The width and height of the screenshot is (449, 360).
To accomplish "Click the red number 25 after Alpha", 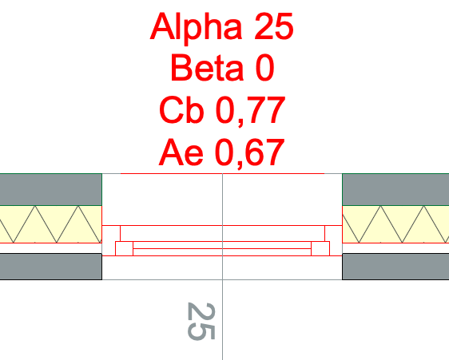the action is [274, 26].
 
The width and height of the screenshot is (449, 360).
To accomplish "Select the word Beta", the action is [207, 68].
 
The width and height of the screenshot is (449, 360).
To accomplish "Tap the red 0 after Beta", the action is [264, 68].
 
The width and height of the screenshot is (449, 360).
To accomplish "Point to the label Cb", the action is [181, 110].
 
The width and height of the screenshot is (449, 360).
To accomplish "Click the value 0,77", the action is [250, 111].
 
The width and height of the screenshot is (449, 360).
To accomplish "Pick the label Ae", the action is [181, 152].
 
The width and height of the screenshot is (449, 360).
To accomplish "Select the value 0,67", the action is [250, 153].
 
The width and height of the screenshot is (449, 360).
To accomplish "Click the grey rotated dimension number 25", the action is [201, 321].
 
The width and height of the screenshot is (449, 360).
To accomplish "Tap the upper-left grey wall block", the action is [51, 189].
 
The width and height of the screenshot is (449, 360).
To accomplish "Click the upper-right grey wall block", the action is [395, 189].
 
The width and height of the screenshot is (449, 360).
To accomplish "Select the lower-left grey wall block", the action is [51, 267].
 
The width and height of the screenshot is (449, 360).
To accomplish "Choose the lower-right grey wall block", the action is [395, 267].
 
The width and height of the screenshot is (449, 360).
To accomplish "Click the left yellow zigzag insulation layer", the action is [51, 224].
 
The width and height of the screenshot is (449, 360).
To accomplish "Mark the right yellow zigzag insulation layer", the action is [395, 224].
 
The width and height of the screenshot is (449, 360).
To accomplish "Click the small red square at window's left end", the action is [124, 248].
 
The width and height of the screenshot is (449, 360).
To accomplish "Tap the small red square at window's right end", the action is [320, 248].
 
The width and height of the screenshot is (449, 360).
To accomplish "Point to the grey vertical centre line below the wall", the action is [222, 320].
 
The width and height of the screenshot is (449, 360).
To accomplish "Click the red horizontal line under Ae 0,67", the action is [222, 173].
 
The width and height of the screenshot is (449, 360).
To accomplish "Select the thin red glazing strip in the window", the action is [222, 248].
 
